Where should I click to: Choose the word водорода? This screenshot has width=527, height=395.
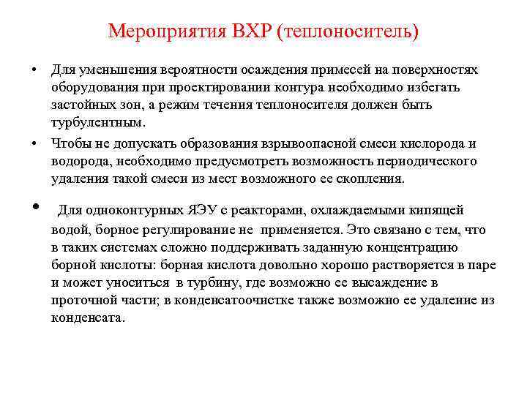coord(78,160)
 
